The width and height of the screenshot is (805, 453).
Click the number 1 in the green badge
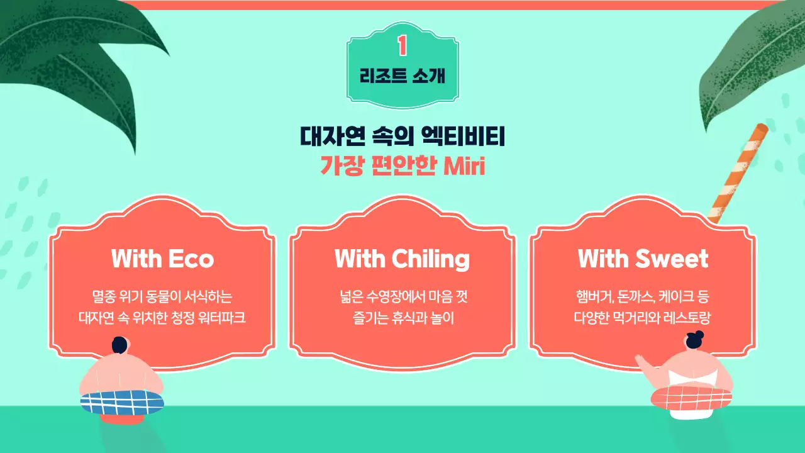coord(402,45)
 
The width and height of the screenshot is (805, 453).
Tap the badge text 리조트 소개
coord(402,76)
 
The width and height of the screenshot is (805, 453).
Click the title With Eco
coord(162,259)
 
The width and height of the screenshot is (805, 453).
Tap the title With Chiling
coord(402,259)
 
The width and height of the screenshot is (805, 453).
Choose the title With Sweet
coord(643,259)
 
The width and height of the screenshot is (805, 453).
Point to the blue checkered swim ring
coord(122,401)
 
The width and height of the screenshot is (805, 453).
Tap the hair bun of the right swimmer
coord(699,334)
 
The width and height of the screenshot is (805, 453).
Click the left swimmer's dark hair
coord(119,345)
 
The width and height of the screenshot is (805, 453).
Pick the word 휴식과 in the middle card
coord(411,316)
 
